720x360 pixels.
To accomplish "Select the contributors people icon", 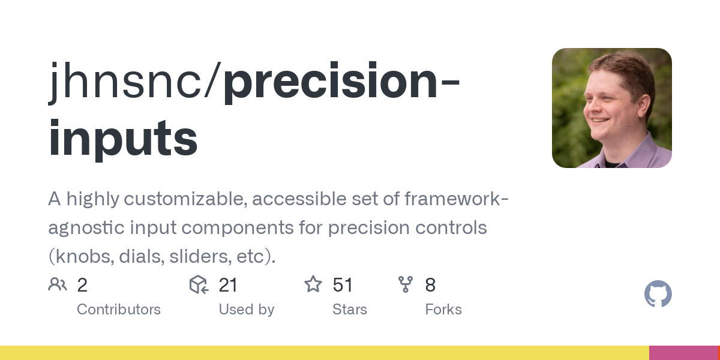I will coord(58,284).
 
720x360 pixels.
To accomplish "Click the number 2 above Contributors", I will coord(82,285).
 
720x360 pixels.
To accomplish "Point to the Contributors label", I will coord(119,310).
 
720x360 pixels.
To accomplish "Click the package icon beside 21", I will coord(199,284).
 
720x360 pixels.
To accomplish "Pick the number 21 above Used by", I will coord(228,285).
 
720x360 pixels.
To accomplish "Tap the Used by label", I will coord(246,310).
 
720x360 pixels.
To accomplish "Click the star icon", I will coord(313,284).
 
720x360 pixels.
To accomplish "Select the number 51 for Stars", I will coord(343,285).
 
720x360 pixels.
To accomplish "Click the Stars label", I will coord(349,310).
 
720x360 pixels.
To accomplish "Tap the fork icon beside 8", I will coord(406,284).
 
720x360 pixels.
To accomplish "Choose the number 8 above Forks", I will coord(430,285).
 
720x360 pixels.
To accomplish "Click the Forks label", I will coord(443,310).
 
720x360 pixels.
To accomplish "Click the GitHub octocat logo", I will coord(658,294).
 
